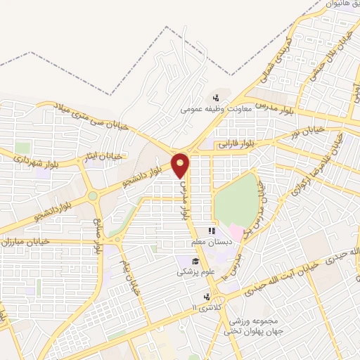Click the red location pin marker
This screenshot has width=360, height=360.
pos(181,165)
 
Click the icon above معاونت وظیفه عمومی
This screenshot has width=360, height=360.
pos(217,98)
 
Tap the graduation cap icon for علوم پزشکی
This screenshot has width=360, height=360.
pos(186,261)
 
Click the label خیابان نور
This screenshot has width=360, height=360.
pos(323,136)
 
